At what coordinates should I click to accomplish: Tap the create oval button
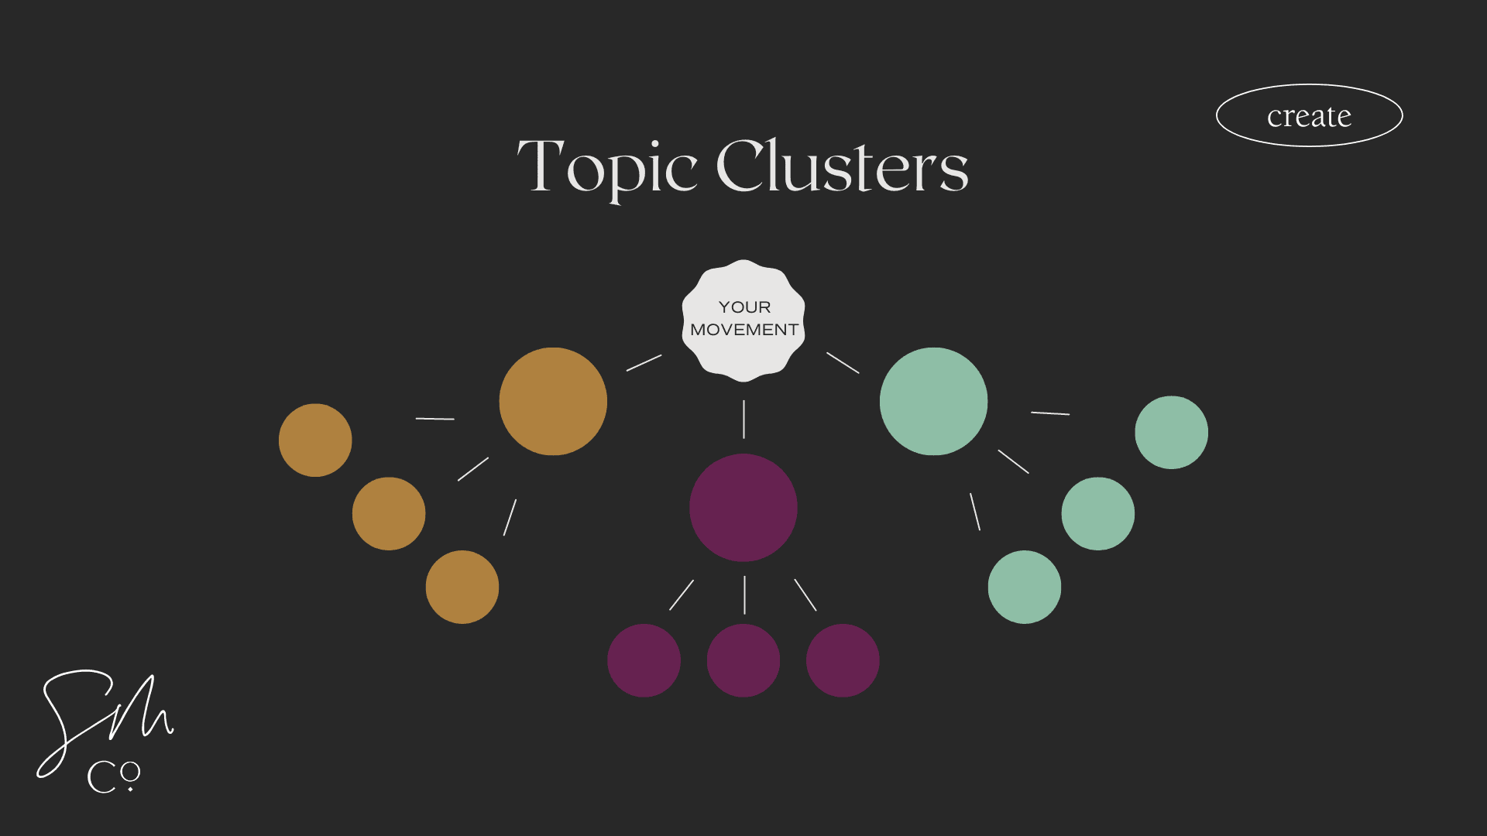click(x=1309, y=115)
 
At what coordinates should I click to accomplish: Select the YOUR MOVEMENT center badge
click(x=743, y=320)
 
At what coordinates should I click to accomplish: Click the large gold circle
click(x=553, y=401)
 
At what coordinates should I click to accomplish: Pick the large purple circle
click(x=743, y=507)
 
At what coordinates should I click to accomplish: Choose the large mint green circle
click(x=933, y=401)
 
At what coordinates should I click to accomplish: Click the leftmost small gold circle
click(x=315, y=440)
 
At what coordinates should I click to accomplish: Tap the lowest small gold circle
click(x=462, y=587)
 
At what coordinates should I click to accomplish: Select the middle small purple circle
click(x=743, y=660)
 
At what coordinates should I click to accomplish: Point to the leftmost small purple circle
click(x=644, y=660)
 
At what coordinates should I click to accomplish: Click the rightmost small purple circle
click(x=843, y=660)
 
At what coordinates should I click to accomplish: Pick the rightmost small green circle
click(x=1171, y=432)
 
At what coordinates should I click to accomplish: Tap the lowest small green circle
click(x=1024, y=587)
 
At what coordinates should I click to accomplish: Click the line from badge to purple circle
click(x=743, y=419)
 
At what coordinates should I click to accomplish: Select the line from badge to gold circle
click(x=644, y=363)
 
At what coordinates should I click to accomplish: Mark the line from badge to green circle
click(x=843, y=363)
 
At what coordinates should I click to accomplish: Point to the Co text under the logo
click(x=113, y=776)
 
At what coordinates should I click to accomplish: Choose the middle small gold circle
click(x=389, y=513)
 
